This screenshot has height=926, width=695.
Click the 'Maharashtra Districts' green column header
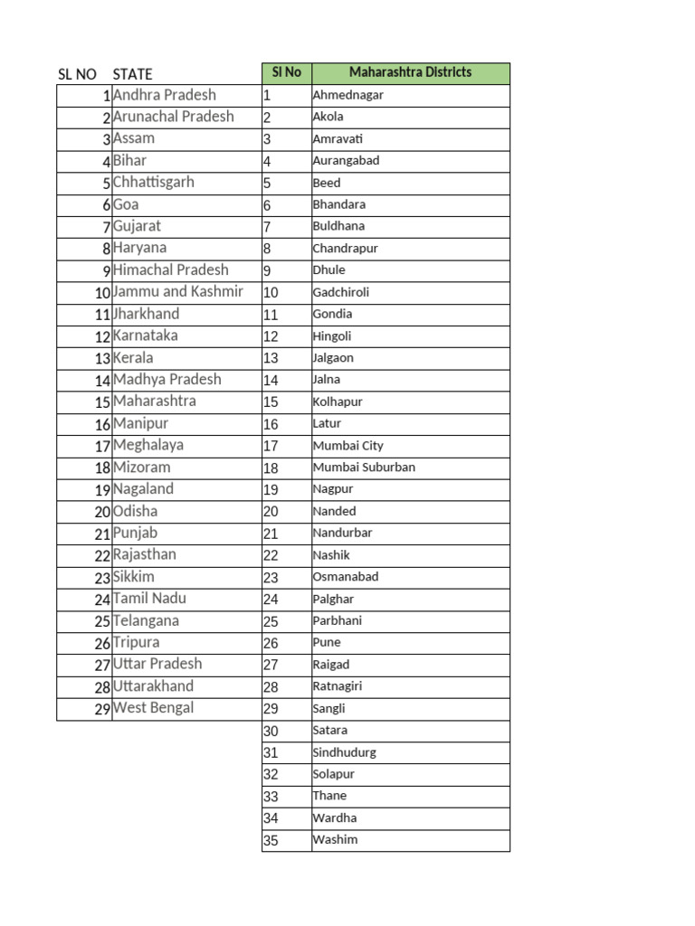410,72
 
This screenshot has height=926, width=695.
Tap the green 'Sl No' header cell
286,72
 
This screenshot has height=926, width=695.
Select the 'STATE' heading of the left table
132,74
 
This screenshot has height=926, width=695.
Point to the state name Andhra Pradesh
164,95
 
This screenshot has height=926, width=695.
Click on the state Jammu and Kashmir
177,291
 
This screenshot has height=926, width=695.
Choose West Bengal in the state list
153,708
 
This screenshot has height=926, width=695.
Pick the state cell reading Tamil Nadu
149,599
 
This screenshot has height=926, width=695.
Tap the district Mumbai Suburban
364,468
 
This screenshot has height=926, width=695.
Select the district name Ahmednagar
347,95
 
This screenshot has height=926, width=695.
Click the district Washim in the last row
335,840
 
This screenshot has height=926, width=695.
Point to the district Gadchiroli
340,292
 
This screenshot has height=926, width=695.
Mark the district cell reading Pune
327,643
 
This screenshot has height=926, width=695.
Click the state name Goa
126,204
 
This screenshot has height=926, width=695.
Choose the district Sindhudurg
344,752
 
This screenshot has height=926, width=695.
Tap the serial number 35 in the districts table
271,841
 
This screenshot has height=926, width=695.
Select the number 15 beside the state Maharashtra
100,402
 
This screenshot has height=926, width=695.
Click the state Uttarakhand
153,686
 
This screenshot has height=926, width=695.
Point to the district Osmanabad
345,577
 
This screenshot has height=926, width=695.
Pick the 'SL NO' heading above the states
77,74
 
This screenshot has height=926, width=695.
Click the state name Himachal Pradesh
170,269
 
